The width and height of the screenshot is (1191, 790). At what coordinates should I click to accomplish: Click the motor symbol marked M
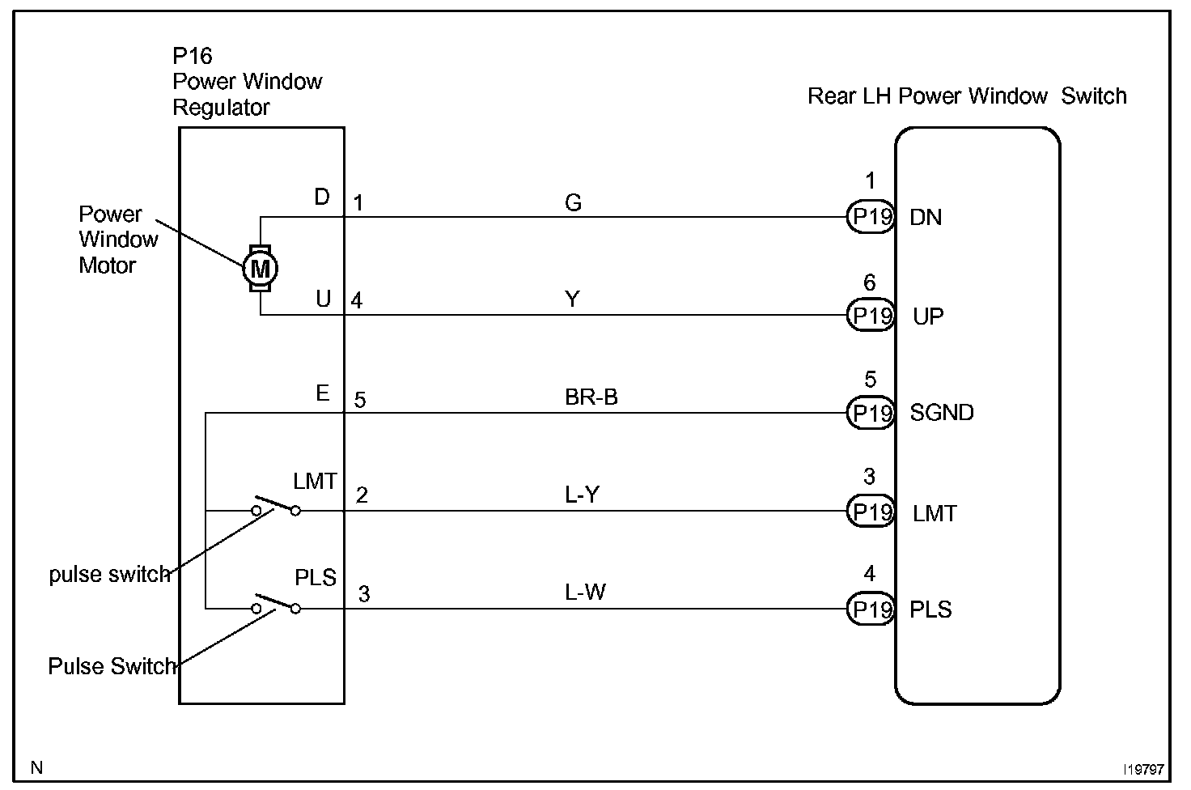[260, 267]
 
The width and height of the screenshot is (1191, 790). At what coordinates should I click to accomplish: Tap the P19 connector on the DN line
[871, 217]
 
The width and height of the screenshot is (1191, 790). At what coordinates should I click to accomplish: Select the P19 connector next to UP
[871, 315]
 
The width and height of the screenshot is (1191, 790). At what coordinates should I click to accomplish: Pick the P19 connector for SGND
[871, 413]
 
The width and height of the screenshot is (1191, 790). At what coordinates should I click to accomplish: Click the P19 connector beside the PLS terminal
[871, 609]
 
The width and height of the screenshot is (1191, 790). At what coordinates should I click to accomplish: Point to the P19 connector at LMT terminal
[871, 512]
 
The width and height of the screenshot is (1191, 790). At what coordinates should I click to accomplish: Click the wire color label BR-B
[591, 397]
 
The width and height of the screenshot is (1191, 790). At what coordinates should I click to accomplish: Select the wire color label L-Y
[582, 495]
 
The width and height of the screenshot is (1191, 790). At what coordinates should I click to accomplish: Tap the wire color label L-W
[585, 592]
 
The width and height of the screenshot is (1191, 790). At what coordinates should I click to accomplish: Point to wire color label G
[573, 202]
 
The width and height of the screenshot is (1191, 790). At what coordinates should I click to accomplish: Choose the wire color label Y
[572, 299]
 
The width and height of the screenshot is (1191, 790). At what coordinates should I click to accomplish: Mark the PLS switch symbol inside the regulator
[276, 604]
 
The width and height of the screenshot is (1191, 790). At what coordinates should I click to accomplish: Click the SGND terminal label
[942, 413]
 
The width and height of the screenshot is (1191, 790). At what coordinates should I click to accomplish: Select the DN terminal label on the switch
[926, 217]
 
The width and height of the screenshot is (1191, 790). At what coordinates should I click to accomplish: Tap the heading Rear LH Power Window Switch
[967, 96]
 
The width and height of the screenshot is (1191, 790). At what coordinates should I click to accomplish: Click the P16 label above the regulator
[193, 56]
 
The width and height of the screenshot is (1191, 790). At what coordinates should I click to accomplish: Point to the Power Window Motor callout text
[117, 240]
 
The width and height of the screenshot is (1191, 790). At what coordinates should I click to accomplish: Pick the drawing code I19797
[1142, 767]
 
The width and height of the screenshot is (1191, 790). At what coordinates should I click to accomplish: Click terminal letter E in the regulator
[322, 393]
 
